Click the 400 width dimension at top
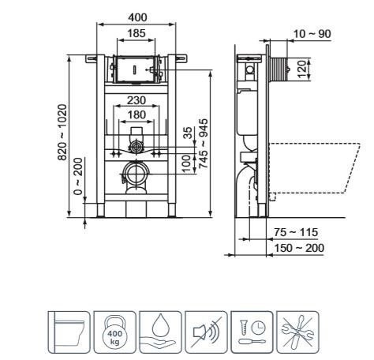tap(138, 16)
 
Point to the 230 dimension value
tap(137, 99)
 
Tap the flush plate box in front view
tap(137, 70)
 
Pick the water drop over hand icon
tap(161, 331)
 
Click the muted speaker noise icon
tap(208, 331)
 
